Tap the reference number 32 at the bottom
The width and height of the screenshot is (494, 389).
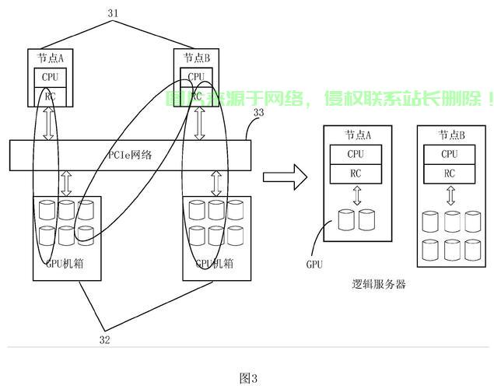103,338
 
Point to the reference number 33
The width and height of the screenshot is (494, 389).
259,114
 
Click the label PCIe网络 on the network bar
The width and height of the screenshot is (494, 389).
129,155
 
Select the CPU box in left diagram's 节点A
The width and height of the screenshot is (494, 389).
50,78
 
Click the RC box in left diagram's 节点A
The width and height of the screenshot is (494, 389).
50,96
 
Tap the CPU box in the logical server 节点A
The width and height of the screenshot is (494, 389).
356,154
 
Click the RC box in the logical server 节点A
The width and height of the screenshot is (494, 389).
356,173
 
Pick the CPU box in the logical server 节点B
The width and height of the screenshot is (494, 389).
450,154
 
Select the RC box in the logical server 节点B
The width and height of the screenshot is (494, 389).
450,173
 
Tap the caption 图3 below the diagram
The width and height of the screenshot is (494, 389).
247,378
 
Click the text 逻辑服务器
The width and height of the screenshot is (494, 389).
378,284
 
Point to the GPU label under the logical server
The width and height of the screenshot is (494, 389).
314,265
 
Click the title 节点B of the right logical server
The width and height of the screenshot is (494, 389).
451,135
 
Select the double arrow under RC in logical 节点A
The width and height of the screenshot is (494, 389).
356,195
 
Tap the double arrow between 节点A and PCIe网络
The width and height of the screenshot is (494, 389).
49,124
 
